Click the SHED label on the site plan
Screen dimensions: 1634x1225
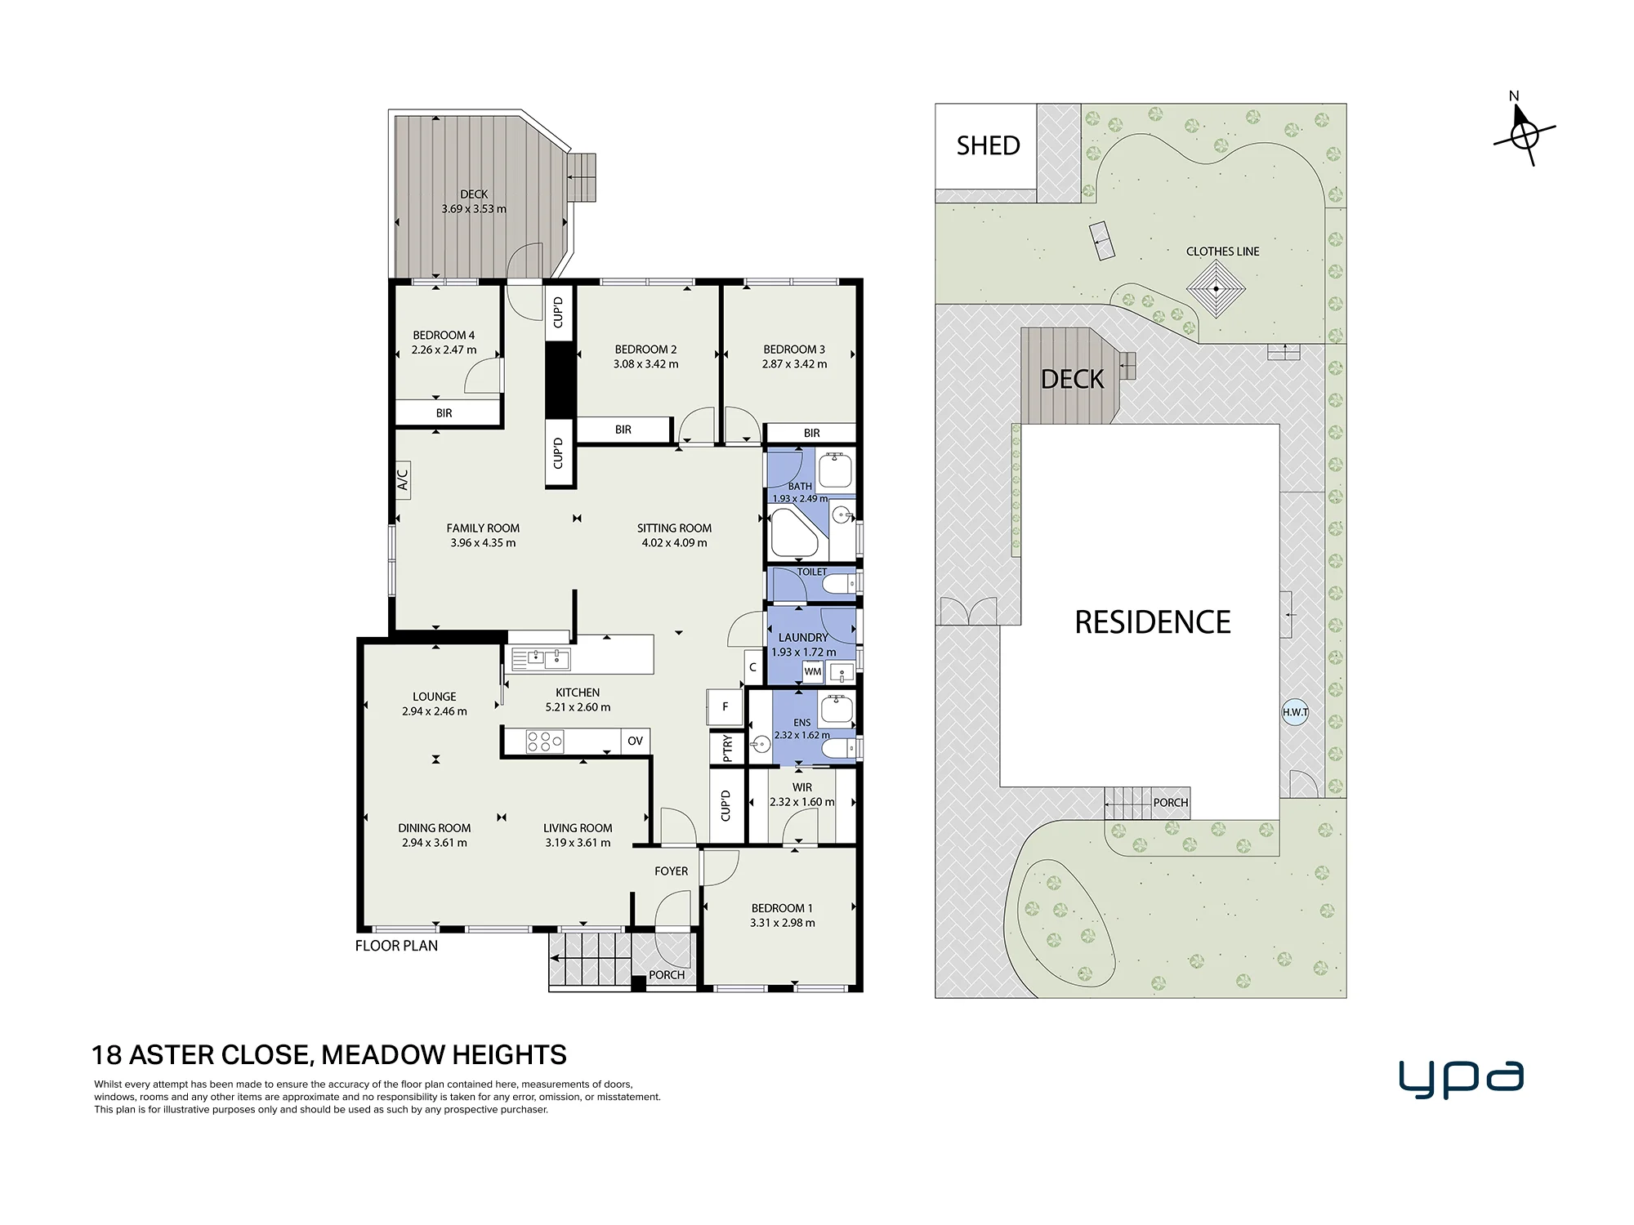pyautogui.click(x=988, y=145)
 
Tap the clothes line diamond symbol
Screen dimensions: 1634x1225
pyautogui.click(x=1216, y=289)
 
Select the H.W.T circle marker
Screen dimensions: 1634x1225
pyautogui.click(x=1295, y=712)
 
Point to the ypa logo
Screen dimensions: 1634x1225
pyautogui.click(x=1461, y=1080)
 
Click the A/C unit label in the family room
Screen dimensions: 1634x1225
pyautogui.click(x=403, y=479)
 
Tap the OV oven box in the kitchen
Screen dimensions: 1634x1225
pyautogui.click(x=635, y=742)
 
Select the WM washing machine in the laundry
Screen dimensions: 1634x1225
pyautogui.click(x=813, y=671)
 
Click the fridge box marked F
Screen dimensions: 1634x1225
pyautogui.click(x=725, y=707)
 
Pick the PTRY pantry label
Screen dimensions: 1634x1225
pyautogui.click(x=727, y=748)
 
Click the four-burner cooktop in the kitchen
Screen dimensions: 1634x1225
pyautogui.click(x=545, y=742)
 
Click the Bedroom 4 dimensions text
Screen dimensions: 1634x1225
pyautogui.click(x=444, y=350)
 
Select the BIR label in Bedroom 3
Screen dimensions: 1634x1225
pyautogui.click(x=811, y=433)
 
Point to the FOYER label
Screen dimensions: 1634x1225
pyautogui.click(x=671, y=871)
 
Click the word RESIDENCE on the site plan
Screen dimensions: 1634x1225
pyautogui.click(x=1152, y=622)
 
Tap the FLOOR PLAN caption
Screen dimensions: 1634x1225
pyautogui.click(x=396, y=946)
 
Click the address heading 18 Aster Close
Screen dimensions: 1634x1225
pyautogui.click(x=329, y=1055)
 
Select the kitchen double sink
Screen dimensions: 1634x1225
pyautogui.click(x=540, y=658)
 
